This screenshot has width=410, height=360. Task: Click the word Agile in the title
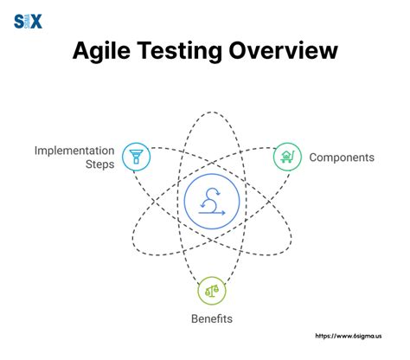pyautogui.click(x=106, y=53)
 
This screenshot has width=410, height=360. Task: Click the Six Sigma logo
pyautogui.click(x=29, y=21)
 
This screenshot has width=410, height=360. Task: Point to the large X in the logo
pyautogui.click(x=35, y=21)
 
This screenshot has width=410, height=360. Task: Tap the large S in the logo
pyautogui.click(x=21, y=21)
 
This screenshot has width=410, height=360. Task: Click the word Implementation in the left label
pyautogui.click(x=74, y=150)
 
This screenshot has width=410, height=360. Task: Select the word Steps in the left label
pyautogui.click(x=99, y=164)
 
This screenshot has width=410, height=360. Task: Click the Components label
pyautogui.click(x=342, y=157)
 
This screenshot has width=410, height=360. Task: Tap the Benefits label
pyautogui.click(x=212, y=318)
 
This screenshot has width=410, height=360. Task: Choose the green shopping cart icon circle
pyautogui.click(x=286, y=157)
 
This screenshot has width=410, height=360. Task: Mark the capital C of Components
pyautogui.click(x=314, y=157)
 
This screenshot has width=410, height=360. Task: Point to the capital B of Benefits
pyautogui.click(x=195, y=318)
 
